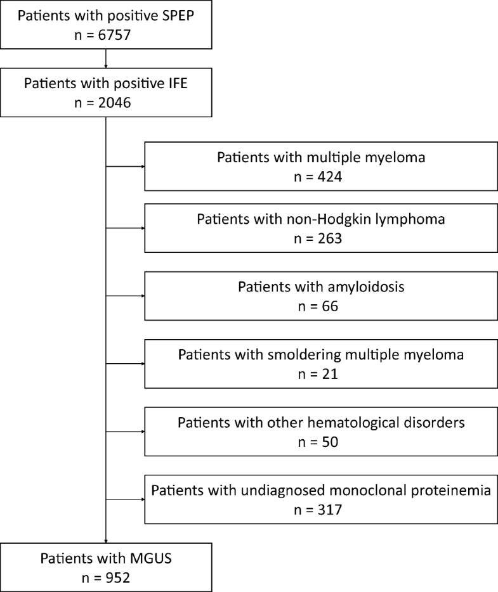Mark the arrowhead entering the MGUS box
pyautogui.click(x=105, y=541)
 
